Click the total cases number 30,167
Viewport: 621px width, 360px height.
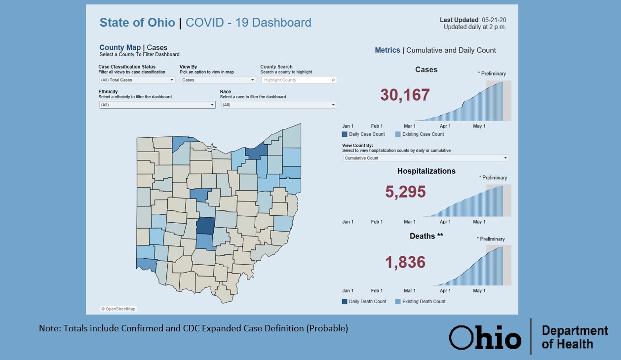[405, 95]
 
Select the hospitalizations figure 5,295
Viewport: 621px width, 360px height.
[405, 192]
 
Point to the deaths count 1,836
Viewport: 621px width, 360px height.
[405, 262]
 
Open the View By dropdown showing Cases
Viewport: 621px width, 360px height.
[218, 80]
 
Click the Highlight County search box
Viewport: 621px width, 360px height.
[298, 80]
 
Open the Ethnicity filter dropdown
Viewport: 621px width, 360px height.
[157, 105]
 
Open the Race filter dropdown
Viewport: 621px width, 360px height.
[278, 105]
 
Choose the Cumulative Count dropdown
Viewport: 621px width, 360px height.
[426, 158]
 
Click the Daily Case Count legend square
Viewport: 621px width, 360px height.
[345, 134]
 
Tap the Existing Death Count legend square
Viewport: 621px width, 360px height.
[398, 301]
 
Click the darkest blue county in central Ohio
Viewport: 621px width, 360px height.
[205, 226]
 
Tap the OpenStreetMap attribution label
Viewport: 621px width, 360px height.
[118, 309]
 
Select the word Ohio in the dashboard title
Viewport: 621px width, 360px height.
[162, 23]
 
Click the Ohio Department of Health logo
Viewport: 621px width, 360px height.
[528, 337]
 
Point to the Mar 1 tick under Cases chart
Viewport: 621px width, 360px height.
[409, 126]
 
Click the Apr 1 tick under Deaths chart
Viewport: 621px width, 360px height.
[445, 291]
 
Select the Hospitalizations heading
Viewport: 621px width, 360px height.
[426, 171]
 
